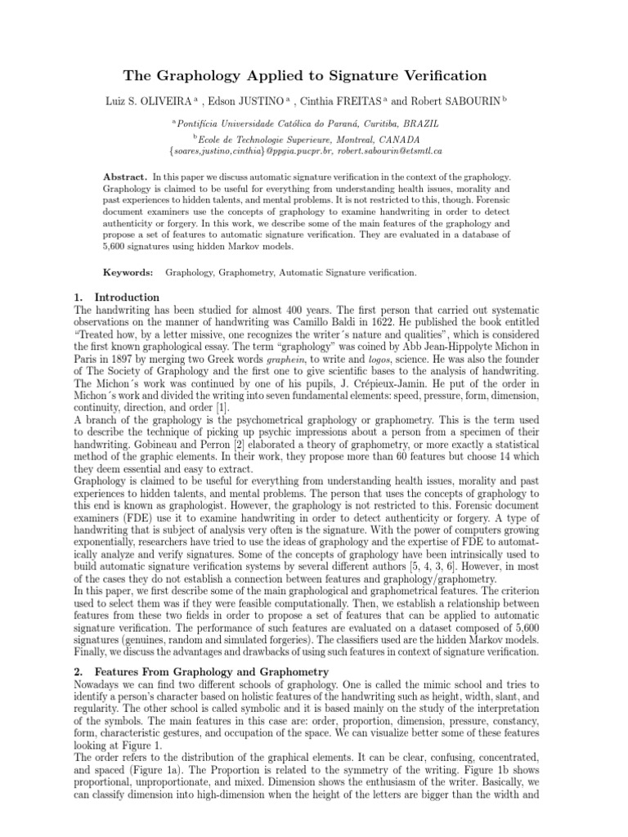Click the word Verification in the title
pos(442,76)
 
